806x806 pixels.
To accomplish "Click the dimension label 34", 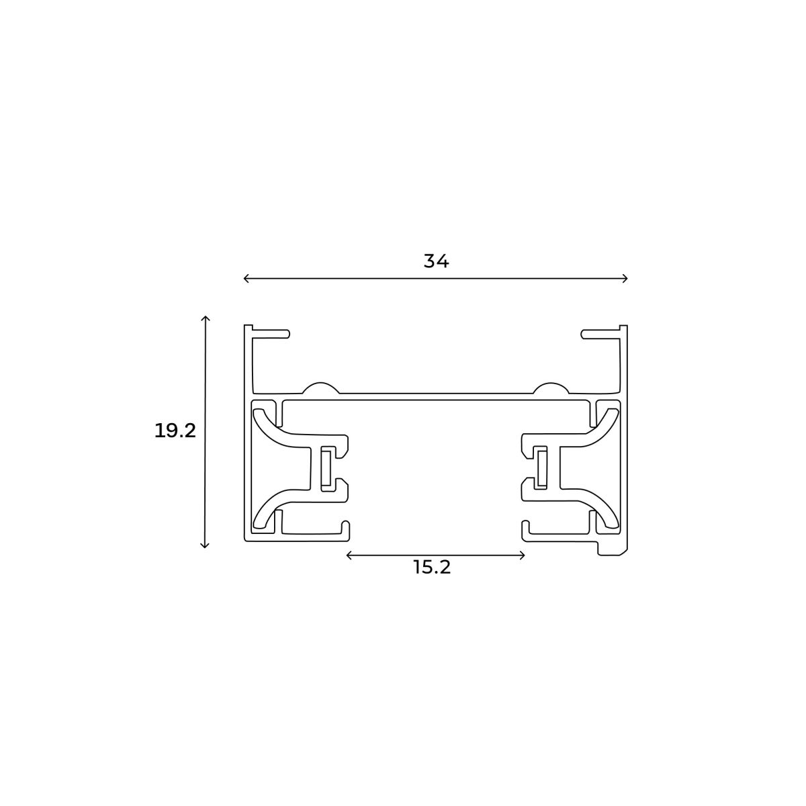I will pos(436,261).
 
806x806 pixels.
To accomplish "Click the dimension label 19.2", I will pos(175,431).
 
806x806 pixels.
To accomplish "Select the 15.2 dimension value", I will pos(432,568).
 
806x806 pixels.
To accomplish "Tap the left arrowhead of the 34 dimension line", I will pos(245,278).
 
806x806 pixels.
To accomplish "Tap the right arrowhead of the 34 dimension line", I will pos(625,278).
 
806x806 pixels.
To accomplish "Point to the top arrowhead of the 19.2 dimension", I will pos(206,317).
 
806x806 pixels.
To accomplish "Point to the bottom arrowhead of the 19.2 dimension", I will pos(206,545).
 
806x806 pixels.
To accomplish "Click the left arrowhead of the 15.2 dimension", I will pos(349,555).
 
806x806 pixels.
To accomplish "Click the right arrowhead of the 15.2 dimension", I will pos(523,555).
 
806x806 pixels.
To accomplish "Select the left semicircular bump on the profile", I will pos(320,388).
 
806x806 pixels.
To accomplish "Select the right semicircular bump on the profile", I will pos(551,388).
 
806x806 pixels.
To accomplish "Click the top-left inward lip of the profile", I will pos(272,332).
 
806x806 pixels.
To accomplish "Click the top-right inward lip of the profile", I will pos(599,332).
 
